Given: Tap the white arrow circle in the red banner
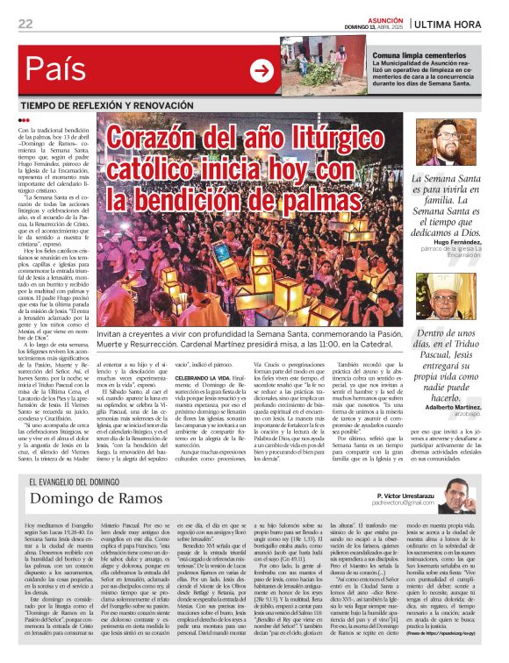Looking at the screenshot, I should (261, 70).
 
